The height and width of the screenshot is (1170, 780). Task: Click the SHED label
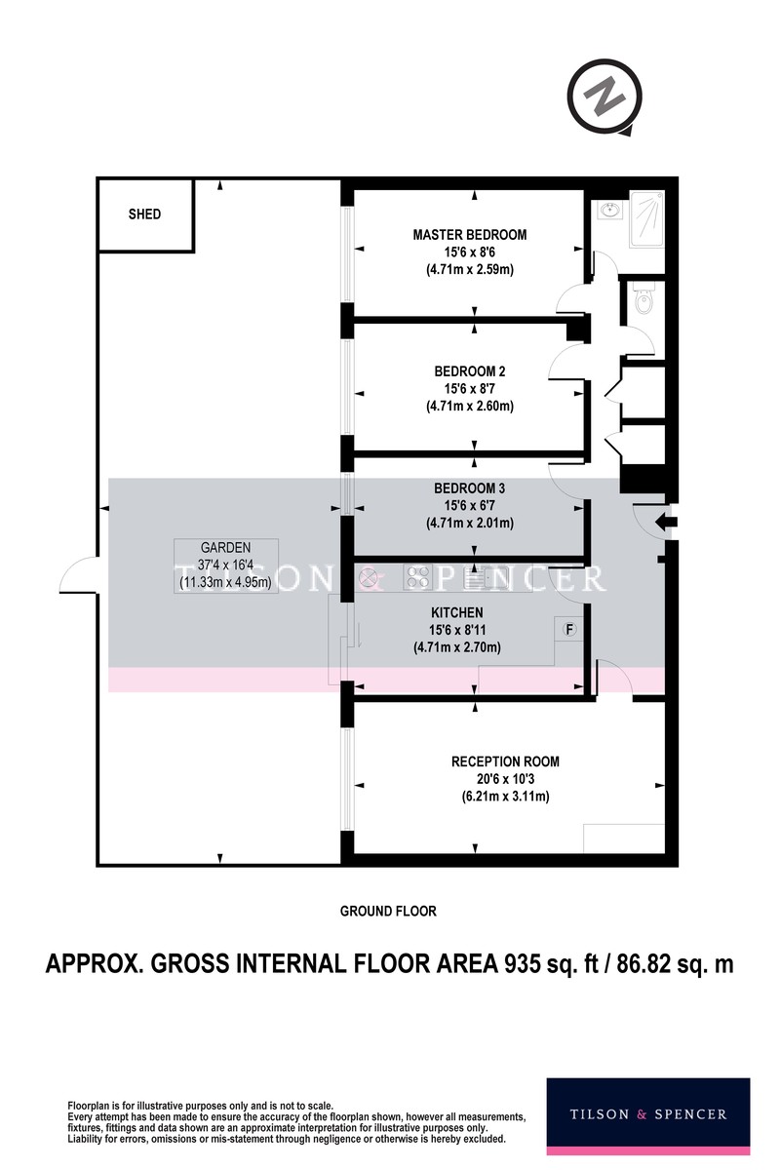(x=144, y=214)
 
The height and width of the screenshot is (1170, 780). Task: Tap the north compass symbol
(x=604, y=97)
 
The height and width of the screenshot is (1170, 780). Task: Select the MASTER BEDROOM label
(x=470, y=235)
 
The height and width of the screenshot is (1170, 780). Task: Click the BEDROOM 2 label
(x=470, y=371)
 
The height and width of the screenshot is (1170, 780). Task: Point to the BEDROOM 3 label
(x=470, y=488)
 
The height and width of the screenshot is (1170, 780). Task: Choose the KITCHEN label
(x=457, y=612)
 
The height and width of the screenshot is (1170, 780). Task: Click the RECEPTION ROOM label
(x=505, y=761)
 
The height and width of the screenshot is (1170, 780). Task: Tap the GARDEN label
(x=225, y=547)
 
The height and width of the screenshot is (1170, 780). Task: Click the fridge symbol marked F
(x=569, y=630)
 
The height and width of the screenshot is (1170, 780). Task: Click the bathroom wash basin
(x=609, y=210)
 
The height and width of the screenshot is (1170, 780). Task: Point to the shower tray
(x=646, y=220)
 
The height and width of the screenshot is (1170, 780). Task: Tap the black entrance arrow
(x=666, y=522)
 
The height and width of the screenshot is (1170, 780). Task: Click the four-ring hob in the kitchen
(x=418, y=577)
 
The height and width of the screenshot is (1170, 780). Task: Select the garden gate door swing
(x=78, y=573)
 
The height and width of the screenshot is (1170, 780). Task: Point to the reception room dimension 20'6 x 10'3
(x=505, y=779)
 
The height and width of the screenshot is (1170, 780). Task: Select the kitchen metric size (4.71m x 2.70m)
(x=457, y=647)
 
